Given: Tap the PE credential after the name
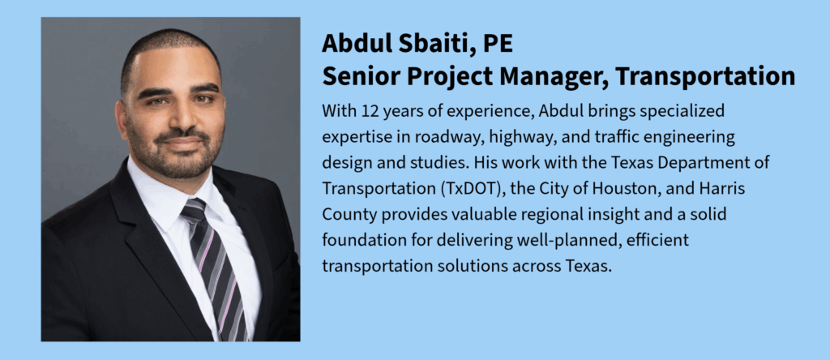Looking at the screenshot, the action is [498, 44].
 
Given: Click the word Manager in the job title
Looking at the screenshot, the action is [553, 77].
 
